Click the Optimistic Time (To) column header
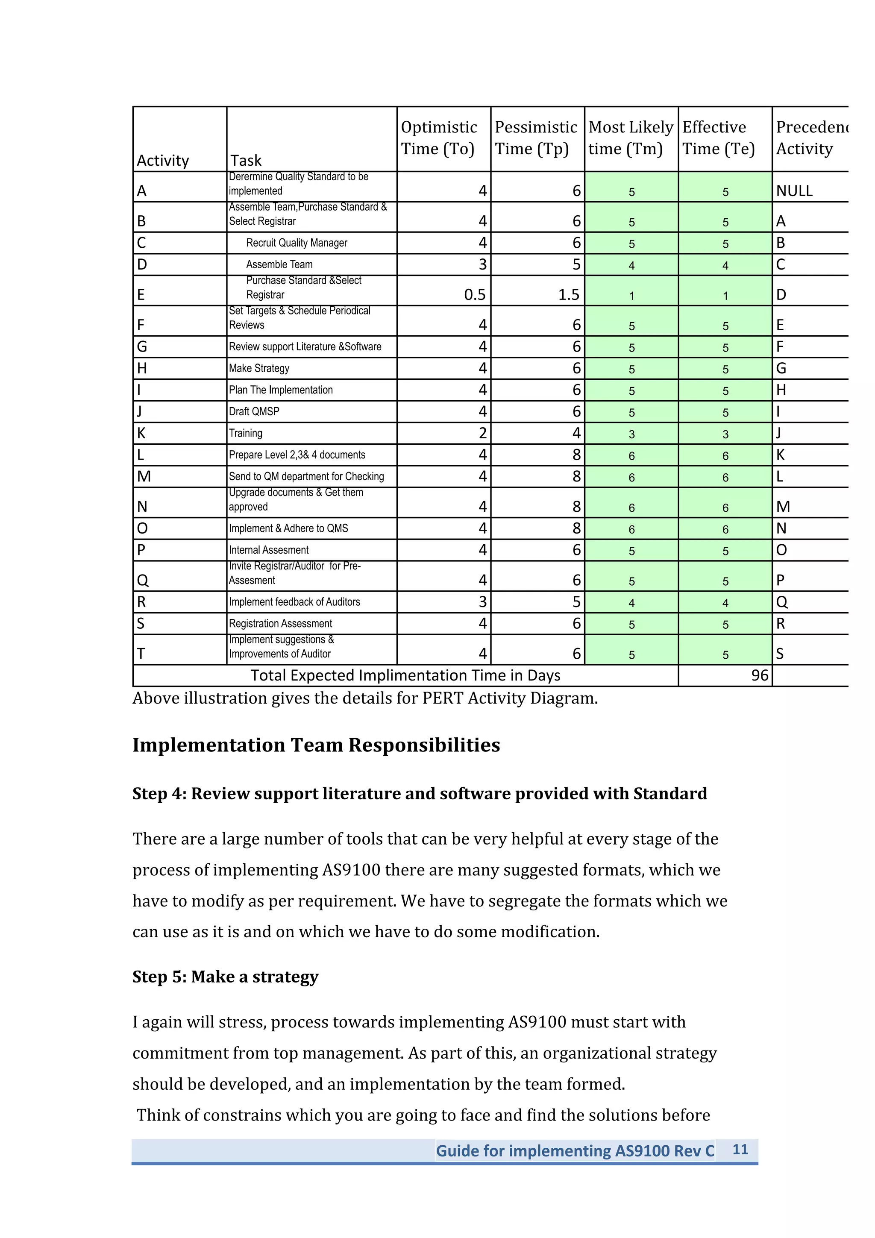tap(438, 138)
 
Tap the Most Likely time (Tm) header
tap(630, 138)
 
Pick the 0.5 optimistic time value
tap(474, 294)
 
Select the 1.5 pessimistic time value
tap(568, 294)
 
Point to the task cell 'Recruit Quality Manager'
tap(297, 243)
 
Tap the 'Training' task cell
tap(246, 433)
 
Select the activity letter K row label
tap(141, 433)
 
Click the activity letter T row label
tap(141, 654)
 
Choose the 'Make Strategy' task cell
tap(259, 368)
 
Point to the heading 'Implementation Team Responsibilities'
tap(316, 745)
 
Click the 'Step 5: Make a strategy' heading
tap(225, 977)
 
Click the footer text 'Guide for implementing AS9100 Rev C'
tap(575, 1151)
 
